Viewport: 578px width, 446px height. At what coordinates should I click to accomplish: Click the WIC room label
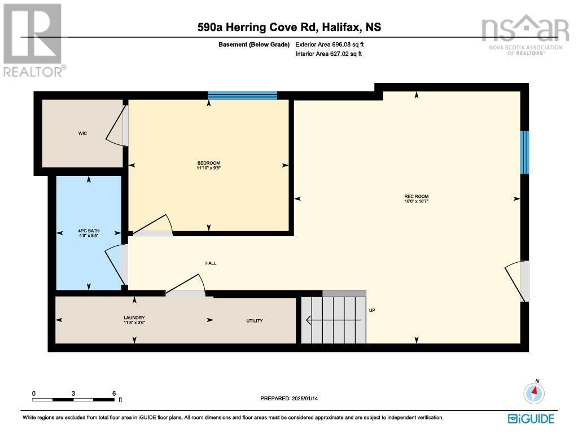click(x=82, y=134)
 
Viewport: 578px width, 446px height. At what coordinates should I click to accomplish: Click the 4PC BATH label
click(x=88, y=231)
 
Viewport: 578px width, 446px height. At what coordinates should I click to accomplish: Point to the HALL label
click(x=211, y=263)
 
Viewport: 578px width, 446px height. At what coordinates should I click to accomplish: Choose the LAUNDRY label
click(x=134, y=320)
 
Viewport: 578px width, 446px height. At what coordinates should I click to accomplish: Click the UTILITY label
click(x=254, y=321)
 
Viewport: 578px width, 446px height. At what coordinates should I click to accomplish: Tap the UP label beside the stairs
click(x=372, y=311)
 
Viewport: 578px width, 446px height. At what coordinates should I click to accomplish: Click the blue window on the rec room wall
click(x=524, y=152)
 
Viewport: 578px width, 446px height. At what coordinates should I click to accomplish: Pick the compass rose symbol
click(x=533, y=392)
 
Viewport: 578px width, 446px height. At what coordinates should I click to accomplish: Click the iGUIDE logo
click(x=531, y=418)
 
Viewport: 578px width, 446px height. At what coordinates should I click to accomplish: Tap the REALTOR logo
click(x=33, y=40)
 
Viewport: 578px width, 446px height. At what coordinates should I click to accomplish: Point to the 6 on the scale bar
click(x=114, y=394)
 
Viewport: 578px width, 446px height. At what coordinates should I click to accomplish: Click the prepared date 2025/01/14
click(x=308, y=399)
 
